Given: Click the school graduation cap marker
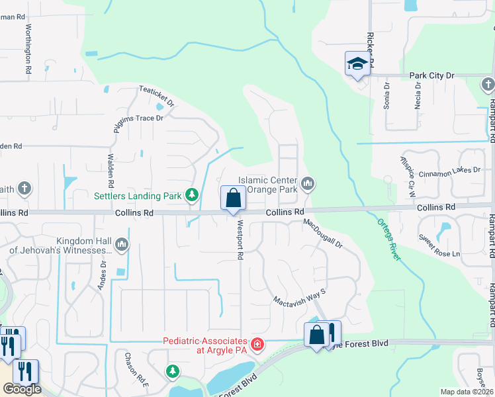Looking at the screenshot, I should [357, 64].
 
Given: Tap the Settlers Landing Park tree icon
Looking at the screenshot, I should [192, 195].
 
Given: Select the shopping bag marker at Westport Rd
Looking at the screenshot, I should [233, 198].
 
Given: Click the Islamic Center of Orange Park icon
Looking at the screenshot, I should [307, 183].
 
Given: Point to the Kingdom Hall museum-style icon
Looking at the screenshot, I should [121, 245].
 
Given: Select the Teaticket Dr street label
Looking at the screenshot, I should [156, 97].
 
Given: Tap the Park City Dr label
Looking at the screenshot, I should [431, 76].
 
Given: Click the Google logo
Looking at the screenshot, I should [22, 389].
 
